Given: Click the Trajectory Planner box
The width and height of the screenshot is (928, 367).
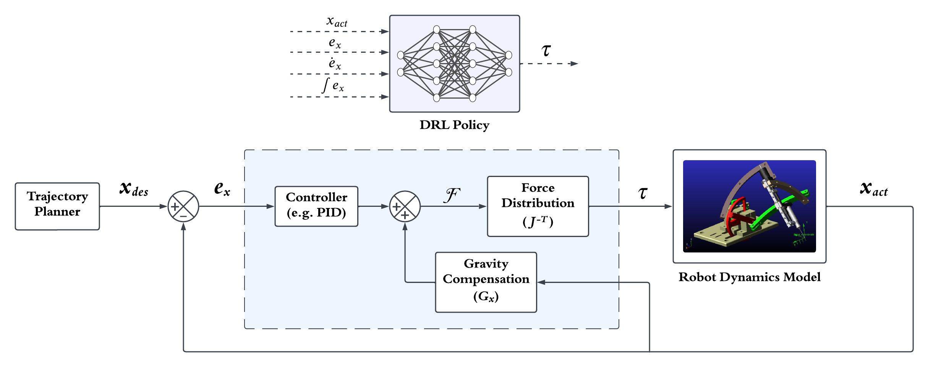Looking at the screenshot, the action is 57,206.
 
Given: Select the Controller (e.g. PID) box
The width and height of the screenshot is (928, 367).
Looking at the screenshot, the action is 316,206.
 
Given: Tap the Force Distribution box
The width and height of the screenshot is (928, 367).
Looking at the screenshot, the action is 538,206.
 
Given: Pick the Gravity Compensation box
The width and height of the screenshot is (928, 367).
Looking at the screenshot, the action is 486,282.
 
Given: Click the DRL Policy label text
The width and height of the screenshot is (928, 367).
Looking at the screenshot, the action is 454,125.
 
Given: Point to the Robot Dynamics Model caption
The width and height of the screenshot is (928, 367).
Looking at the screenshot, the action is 749,277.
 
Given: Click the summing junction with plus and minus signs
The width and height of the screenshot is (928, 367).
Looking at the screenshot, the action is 183,206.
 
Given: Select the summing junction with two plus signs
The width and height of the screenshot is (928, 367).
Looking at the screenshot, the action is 405,206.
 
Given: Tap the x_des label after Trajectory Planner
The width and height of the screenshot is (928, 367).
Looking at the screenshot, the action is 134,189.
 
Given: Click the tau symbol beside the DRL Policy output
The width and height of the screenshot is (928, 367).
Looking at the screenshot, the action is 546,50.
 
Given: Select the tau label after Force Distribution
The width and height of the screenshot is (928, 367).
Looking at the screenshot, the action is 643,193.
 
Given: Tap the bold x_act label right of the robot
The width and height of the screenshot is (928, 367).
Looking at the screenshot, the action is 874,189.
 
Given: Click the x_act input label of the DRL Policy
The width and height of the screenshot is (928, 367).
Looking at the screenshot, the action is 337,21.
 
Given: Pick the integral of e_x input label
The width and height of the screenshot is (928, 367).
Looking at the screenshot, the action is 333,85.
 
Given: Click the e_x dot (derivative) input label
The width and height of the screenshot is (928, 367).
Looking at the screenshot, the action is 335,63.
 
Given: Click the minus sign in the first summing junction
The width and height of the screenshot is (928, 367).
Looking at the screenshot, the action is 183,216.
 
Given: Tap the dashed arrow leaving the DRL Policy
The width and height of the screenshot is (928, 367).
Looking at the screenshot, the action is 549,63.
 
